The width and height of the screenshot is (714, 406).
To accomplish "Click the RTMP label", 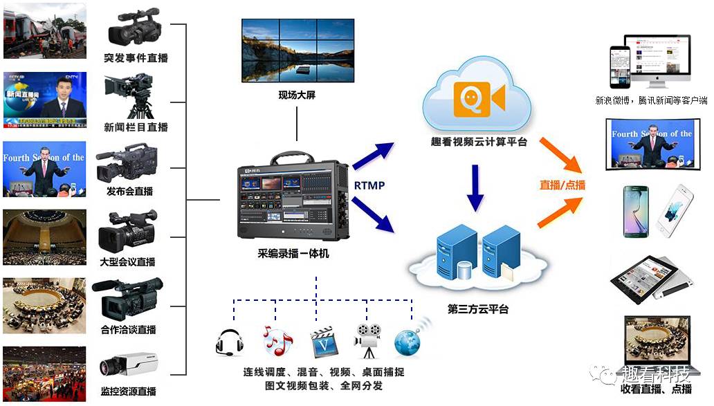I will coord(369,185).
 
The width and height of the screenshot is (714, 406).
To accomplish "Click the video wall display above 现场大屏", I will coord(297,50).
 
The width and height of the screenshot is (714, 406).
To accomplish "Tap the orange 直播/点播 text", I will coord(562,185).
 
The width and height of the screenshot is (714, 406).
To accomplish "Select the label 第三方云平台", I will coord(478,309).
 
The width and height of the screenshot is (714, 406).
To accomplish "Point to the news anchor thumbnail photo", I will coord(44,100).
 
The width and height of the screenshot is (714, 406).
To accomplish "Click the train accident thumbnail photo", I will coord(44,30).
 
